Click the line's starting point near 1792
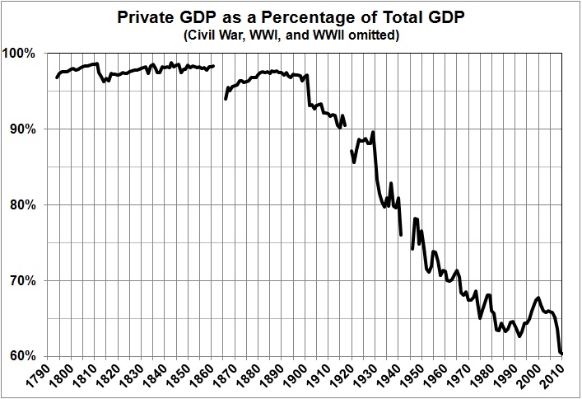coord(56,78)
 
